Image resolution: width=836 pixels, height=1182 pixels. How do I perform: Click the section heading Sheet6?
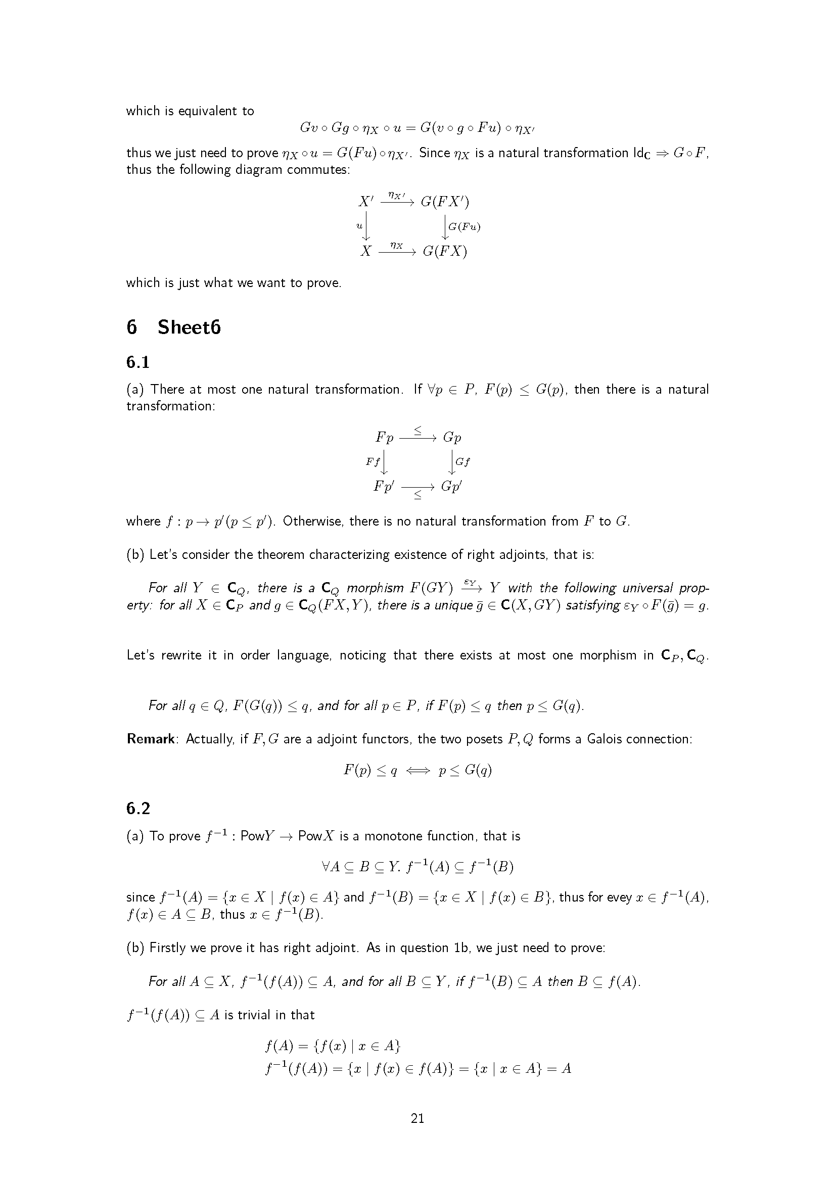(189, 327)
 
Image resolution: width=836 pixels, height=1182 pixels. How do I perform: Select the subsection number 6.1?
(138, 362)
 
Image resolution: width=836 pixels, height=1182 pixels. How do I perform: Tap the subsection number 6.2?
(138, 809)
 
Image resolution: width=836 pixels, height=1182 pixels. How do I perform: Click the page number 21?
(417, 1118)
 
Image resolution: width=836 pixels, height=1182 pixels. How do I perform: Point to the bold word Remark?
(151, 739)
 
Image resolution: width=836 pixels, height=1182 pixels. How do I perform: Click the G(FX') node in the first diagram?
(445, 202)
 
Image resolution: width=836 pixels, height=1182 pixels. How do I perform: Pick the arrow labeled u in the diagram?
(365, 226)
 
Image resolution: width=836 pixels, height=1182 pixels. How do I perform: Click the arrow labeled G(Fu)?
(446, 226)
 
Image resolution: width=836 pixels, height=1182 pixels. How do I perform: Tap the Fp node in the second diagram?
(385, 438)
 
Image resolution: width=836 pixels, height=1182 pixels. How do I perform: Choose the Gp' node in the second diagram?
(451, 487)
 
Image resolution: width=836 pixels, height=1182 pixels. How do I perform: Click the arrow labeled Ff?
(384, 462)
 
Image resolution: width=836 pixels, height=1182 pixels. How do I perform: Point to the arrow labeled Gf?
(452, 462)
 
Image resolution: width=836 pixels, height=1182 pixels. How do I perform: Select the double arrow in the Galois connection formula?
(417, 771)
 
